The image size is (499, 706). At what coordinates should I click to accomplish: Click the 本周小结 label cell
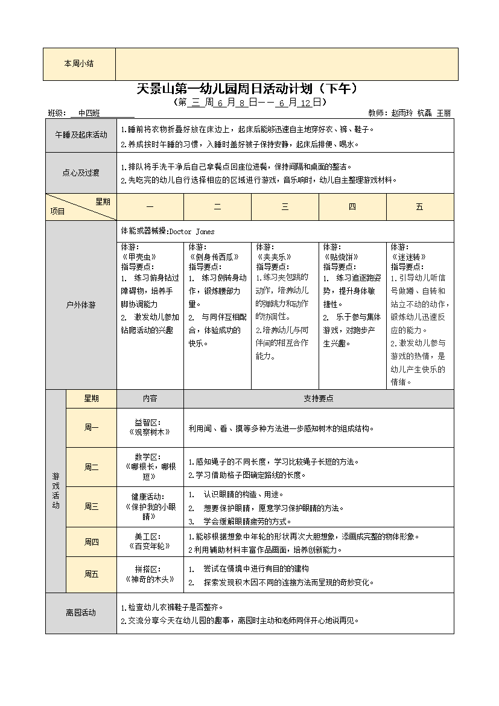point(79,64)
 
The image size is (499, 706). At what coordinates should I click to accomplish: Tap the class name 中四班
point(89,113)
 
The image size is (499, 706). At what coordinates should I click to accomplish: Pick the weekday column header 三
point(285,207)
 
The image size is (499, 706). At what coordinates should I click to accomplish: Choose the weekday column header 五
point(419,207)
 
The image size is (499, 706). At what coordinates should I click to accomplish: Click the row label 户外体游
point(81,305)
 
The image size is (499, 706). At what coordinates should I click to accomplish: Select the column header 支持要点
point(319,399)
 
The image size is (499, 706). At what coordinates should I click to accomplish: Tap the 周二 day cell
point(91,467)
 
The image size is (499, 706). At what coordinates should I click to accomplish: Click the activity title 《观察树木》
point(150,432)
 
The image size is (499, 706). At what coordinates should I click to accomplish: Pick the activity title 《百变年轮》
point(150,546)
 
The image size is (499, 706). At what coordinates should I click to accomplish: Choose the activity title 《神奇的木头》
point(150,579)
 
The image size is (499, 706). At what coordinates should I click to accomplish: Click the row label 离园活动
point(81,613)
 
